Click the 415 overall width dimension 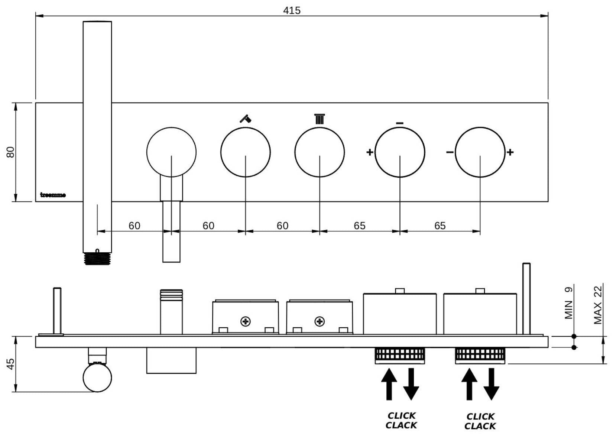coord(292,10)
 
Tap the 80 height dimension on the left coord(10,152)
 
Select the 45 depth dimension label coord(10,364)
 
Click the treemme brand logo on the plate coord(53,195)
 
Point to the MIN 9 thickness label coord(569,303)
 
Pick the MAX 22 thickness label coord(598,305)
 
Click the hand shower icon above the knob coord(245,119)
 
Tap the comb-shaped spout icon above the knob coord(320,119)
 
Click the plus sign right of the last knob coord(510,152)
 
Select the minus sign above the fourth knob coord(400,123)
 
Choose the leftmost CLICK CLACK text coord(401,420)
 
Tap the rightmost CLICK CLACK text coord(480,421)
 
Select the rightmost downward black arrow coord(491,384)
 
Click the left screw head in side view coord(246,321)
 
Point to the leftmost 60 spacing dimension coord(134,226)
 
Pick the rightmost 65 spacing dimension coord(440,226)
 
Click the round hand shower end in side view coord(97,378)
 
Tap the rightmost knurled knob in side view coord(480,355)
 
